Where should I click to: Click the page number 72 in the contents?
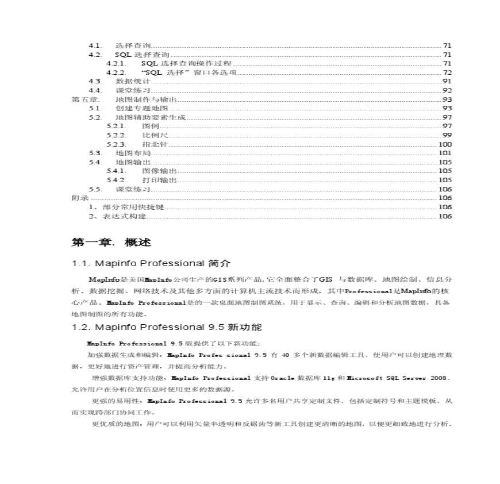[x=447, y=72]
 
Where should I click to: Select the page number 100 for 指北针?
[x=445, y=144]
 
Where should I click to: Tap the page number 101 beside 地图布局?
[x=445, y=153]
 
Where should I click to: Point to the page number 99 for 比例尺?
[x=447, y=135]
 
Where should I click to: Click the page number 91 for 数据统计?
[x=447, y=82]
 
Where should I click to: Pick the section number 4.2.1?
[x=116, y=63]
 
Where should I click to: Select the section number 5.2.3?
[x=116, y=144]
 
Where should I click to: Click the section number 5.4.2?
[x=116, y=180]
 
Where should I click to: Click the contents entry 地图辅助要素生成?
[x=142, y=117]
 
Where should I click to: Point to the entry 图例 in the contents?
[x=150, y=126]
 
